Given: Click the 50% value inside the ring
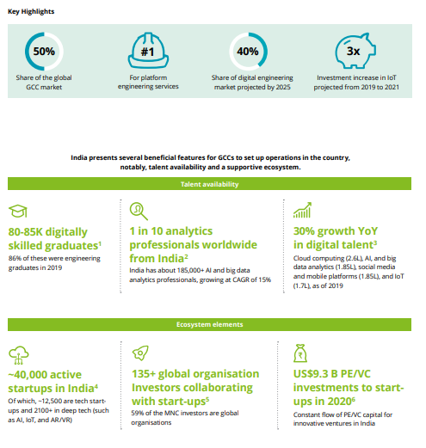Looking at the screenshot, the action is pyautogui.click(x=44, y=52).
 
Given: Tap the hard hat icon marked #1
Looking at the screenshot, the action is pyautogui.click(x=148, y=50).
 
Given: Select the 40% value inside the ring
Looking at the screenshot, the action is pyautogui.click(x=248, y=52).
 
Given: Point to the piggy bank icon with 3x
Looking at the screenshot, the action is pyautogui.click(x=355, y=51).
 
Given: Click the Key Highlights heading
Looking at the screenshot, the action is pyautogui.click(x=31, y=12).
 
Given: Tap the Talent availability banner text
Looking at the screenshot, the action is pyautogui.click(x=210, y=184).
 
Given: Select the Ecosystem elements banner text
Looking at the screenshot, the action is pyautogui.click(x=210, y=324).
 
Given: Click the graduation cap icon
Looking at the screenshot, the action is pyautogui.click(x=18, y=211).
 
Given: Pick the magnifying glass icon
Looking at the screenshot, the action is pyautogui.click(x=139, y=212).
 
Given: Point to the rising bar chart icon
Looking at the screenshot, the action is pyautogui.click(x=302, y=210).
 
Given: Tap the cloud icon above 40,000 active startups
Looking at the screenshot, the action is pyautogui.click(x=19, y=355).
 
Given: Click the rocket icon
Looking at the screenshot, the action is pyautogui.click(x=140, y=353).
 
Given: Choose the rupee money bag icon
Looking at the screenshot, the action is pyautogui.click(x=300, y=353).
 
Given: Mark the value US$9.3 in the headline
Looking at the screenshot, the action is pyautogui.click(x=311, y=374).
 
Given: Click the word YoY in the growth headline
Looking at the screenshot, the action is pyautogui.click(x=368, y=231).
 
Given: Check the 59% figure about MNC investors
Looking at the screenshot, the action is pyautogui.click(x=137, y=413).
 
